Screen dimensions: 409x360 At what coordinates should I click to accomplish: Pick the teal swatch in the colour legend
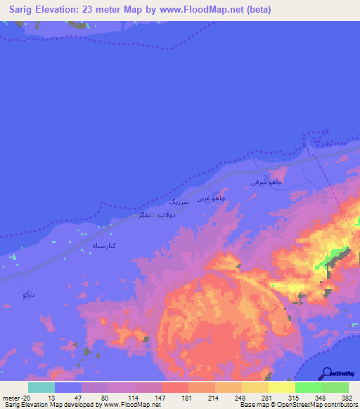[41, 387]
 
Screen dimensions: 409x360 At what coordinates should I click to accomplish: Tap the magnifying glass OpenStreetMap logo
[326, 372]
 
